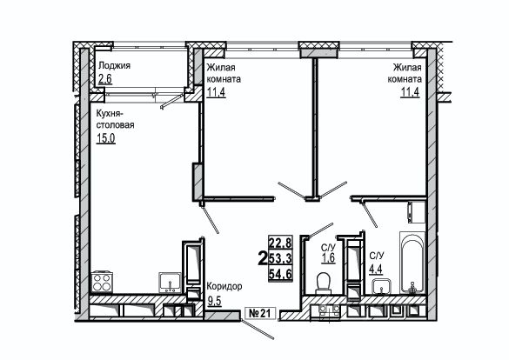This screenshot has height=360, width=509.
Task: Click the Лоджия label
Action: click(114, 66)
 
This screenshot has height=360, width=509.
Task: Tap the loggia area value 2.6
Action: click(105, 79)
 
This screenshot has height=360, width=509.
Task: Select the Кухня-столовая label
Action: click(115, 119)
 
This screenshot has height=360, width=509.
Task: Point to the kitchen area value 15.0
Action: click(106, 138)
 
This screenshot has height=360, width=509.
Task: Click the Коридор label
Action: click(224, 287)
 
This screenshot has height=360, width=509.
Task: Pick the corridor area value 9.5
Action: click(214, 301)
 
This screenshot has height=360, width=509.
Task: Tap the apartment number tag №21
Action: click(259, 313)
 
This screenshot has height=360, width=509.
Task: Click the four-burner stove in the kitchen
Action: click(103, 282)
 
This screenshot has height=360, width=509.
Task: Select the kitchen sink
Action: click(170, 283)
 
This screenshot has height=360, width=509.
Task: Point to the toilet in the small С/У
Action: click(324, 283)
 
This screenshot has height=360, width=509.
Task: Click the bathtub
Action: click(412, 263)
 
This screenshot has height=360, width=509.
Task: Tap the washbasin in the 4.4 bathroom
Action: click(382, 286)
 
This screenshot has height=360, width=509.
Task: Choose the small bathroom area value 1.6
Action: click(328, 258)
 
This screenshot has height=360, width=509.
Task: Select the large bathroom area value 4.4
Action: click(376, 269)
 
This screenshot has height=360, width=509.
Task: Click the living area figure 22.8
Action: click(280, 243)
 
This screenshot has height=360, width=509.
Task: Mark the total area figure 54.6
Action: click(280, 274)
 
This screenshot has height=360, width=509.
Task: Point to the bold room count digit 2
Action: click(262, 258)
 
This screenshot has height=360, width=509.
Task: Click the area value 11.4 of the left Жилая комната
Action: click(216, 92)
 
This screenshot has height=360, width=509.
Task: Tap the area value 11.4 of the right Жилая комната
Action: click(411, 92)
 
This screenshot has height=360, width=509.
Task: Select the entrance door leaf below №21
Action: click(257, 330)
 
